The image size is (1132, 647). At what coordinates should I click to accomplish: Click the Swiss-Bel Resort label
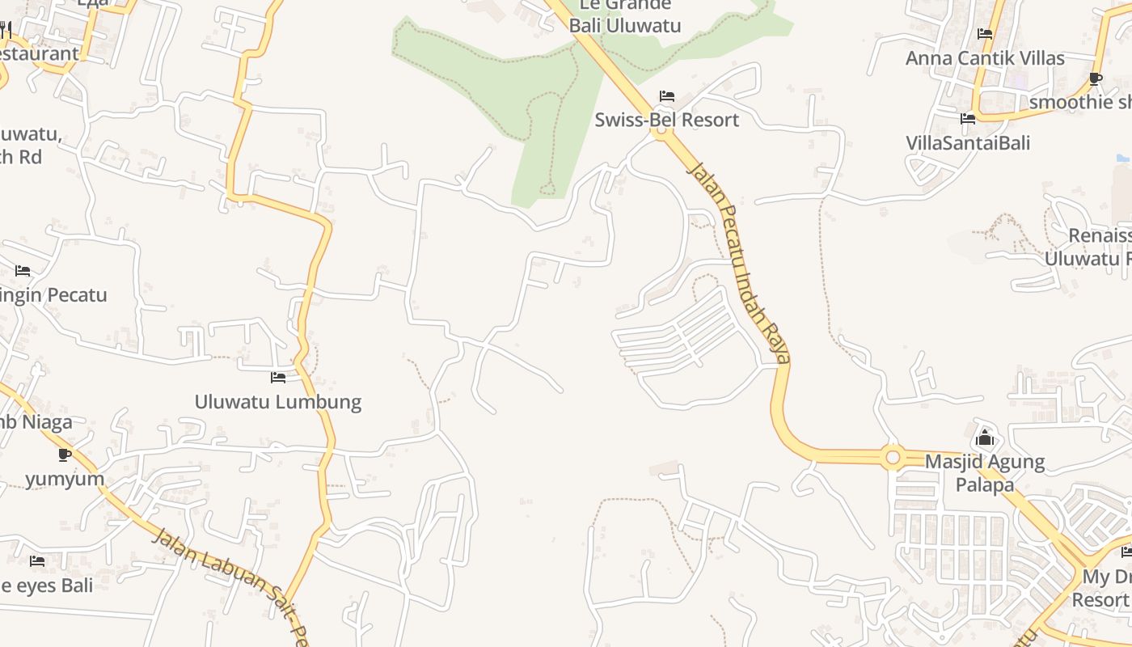(x=666, y=121)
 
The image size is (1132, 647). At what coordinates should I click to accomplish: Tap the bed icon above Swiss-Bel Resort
(x=666, y=96)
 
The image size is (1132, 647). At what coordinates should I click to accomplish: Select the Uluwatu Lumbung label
(x=277, y=402)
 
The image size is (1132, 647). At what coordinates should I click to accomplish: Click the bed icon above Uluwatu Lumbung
(x=278, y=378)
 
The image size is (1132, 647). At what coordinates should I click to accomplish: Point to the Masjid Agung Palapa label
(x=984, y=473)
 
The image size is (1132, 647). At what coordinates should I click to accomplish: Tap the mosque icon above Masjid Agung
(x=985, y=438)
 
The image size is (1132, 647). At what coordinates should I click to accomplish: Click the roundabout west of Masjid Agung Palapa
(x=893, y=458)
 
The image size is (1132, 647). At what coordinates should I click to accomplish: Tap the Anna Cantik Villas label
(x=984, y=58)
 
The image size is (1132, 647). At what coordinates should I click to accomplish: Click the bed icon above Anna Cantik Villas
(x=985, y=34)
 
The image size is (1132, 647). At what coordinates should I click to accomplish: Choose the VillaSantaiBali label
(x=968, y=143)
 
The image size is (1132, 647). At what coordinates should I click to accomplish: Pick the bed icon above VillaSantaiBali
(x=968, y=119)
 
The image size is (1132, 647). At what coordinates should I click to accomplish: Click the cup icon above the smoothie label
(x=1095, y=78)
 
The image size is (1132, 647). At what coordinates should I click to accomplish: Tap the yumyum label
(x=65, y=479)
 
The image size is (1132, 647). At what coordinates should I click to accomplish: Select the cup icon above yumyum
(x=65, y=455)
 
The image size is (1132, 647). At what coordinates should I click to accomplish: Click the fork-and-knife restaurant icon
(x=5, y=30)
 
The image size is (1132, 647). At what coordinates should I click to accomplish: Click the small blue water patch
(x=1122, y=158)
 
